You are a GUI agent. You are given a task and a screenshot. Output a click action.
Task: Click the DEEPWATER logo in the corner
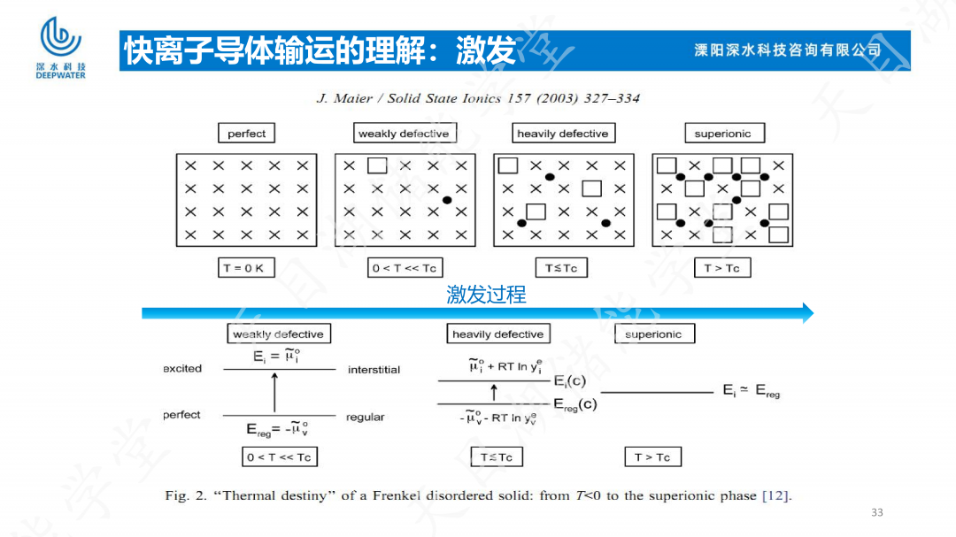coord(60,48)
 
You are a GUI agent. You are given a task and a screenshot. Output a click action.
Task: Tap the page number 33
coord(877,512)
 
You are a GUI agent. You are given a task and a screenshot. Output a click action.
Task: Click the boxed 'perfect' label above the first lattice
coord(246,134)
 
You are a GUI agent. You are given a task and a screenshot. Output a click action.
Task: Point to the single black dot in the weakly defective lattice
coord(447,200)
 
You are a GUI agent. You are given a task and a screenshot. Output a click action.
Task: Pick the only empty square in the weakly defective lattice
coord(377,165)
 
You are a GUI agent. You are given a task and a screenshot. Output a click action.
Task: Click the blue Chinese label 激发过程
coord(486,295)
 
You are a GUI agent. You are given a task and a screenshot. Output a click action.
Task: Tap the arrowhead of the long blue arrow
coord(807,312)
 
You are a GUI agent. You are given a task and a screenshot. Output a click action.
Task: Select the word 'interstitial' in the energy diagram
coord(374,370)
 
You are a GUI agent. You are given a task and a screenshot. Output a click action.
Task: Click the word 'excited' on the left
coord(182,368)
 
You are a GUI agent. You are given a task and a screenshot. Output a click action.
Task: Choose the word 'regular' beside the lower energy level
coord(366,417)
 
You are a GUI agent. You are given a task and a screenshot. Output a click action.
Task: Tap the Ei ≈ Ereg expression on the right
coord(751,390)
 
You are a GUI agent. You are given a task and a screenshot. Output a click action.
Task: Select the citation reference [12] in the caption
coord(775,495)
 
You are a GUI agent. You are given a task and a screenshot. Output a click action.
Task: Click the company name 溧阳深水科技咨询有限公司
coord(788,50)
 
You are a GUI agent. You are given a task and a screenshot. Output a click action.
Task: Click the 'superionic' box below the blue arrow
coord(653,334)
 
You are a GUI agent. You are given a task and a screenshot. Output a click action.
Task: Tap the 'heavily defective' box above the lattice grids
coord(563,134)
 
